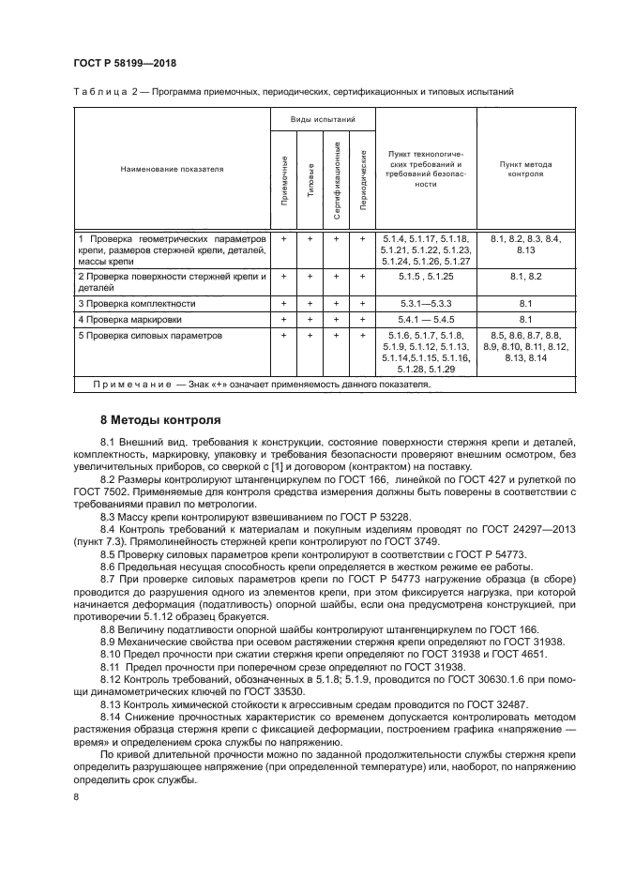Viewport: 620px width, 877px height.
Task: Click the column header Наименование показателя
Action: [172, 170]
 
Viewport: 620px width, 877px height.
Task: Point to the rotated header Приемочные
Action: [284, 184]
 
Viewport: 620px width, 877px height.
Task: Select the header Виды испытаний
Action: [323, 120]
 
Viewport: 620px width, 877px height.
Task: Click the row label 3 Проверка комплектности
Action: [137, 304]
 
